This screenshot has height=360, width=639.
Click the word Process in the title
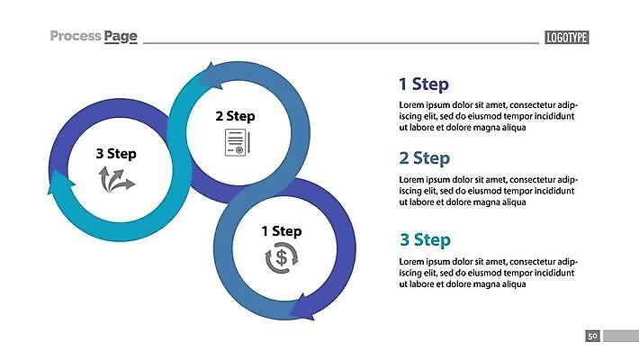point(76,36)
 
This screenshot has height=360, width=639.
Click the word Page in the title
point(121,37)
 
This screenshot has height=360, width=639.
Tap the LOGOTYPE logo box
point(567,38)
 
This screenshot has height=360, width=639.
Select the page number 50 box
point(592,336)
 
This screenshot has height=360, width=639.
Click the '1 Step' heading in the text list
point(424,84)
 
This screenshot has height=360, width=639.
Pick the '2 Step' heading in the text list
point(424,158)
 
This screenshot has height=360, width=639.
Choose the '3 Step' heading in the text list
point(425,239)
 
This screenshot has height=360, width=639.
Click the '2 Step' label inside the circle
point(235,116)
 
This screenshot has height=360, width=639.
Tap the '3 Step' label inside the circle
point(116,154)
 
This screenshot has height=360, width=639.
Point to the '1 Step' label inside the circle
point(282,231)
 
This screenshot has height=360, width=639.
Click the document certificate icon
point(238,142)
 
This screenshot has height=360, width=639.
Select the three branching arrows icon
point(117,179)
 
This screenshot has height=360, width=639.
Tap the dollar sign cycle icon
point(282,258)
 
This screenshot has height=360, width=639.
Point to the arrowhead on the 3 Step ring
point(60,182)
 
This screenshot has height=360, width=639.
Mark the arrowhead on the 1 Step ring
point(302,308)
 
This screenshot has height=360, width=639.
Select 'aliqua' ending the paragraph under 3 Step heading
point(513,284)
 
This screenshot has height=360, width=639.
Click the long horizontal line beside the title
point(341,42)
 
